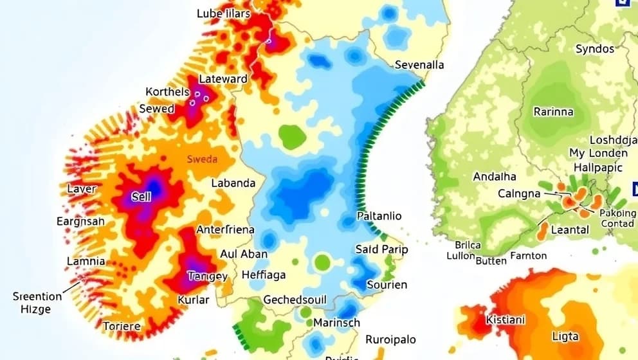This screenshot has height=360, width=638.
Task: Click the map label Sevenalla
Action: [x=419, y=65]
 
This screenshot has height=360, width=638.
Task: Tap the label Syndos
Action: [x=595, y=49]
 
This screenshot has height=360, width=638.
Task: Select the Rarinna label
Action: [x=553, y=111]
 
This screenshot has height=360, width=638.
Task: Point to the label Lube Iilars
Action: [x=224, y=13]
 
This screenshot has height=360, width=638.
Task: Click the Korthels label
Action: [x=167, y=92]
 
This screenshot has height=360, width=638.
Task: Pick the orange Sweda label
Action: [x=202, y=159]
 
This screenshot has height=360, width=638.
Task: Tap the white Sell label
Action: [x=141, y=197]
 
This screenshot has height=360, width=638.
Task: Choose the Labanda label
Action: [x=233, y=183]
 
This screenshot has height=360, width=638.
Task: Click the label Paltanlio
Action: [x=379, y=216]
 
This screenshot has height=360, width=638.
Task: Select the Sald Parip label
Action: [x=381, y=249]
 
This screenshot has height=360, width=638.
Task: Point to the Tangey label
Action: [x=207, y=276]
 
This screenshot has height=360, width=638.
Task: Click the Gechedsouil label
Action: [x=295, y=300]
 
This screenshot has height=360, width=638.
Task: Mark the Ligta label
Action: [x=565, y=336]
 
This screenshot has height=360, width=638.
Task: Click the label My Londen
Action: [x=598, y=153]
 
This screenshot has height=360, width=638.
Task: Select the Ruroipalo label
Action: [x=390, y=339]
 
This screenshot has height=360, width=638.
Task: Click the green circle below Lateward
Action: [x=291, y=136]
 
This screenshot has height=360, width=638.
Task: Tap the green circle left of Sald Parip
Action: [x=322, y=262]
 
